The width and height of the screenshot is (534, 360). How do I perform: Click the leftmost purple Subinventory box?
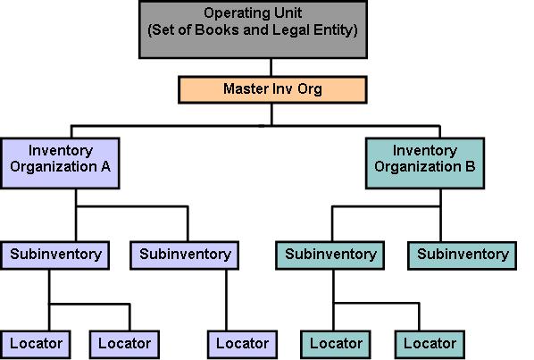click(55, 255)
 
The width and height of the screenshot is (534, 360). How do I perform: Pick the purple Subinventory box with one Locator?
click(185, 255)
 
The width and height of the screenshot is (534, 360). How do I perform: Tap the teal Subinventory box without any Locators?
click(463, 255)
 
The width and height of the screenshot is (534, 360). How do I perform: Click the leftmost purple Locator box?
click(36, 343)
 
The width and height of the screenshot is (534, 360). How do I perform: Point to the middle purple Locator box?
click(124, 343)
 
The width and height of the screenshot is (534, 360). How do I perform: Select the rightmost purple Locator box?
click(241, 343)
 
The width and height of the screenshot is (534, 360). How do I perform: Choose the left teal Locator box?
click(336, 343)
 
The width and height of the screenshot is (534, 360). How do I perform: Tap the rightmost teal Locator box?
click(430, 343)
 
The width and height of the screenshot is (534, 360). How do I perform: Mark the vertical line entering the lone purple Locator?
click(225, 299)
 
